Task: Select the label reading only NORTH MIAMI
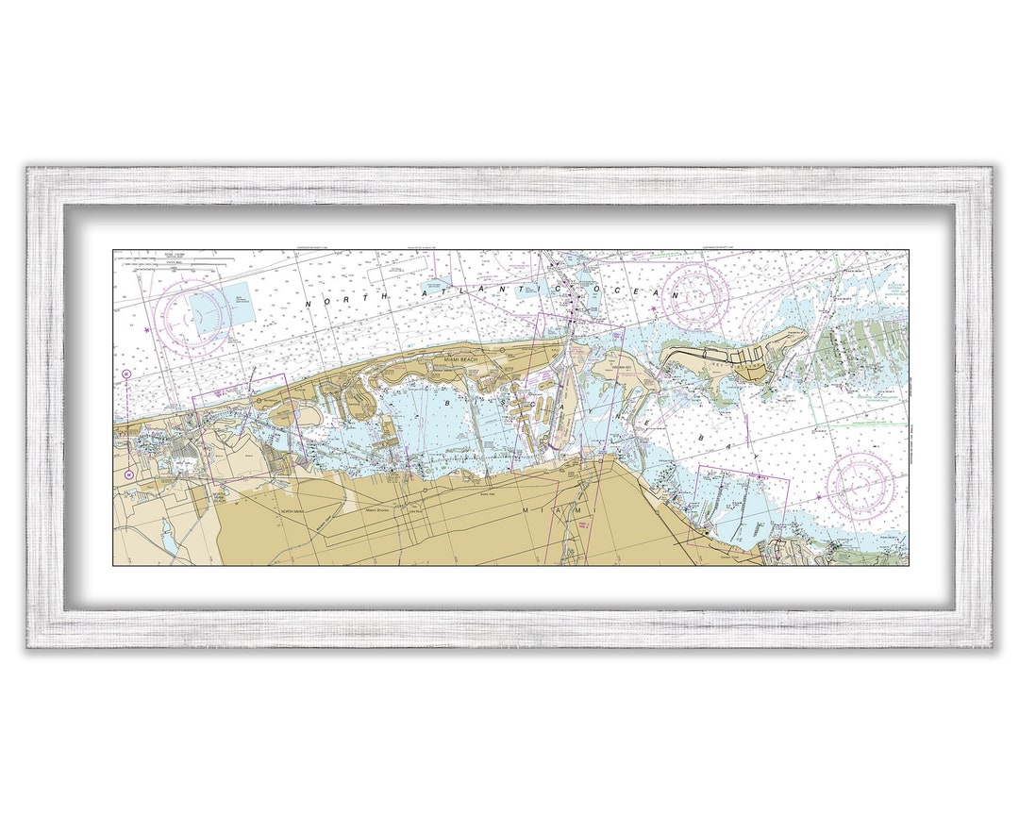tap(292, 510)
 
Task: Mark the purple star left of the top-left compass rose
tap(147, 331)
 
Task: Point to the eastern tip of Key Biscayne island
tap(804, 332)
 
